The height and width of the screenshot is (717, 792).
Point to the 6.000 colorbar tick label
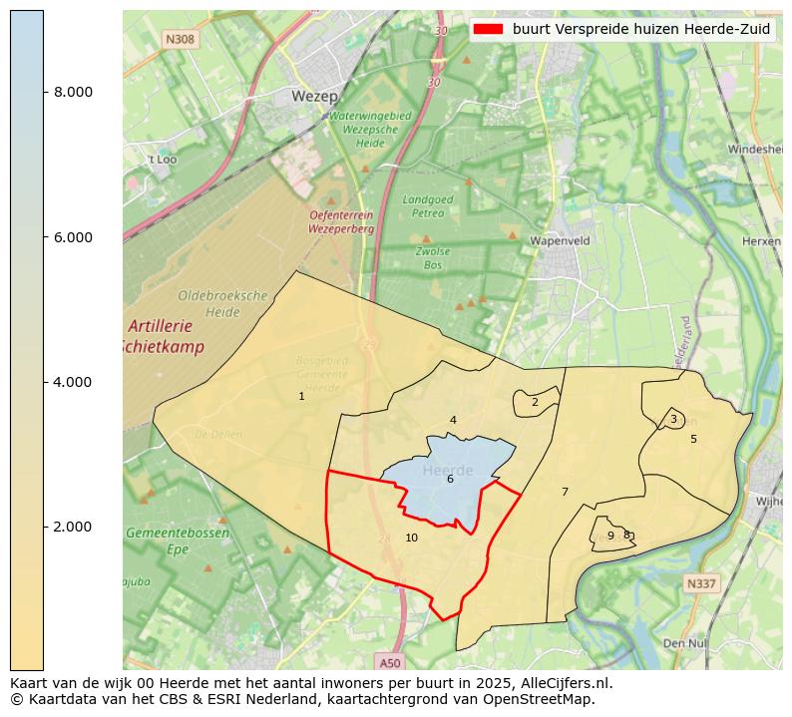click(73, 237)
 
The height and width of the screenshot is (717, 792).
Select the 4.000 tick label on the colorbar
click(73, 382)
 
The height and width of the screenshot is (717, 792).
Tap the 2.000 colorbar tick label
click(73, 527)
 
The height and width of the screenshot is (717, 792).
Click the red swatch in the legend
click(489, 29)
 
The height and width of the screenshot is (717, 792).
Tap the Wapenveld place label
click(560, 241)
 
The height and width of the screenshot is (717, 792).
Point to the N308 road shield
click(180, 39)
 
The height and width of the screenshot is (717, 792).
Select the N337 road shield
click(701, 582)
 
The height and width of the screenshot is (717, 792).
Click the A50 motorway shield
click(390, 662)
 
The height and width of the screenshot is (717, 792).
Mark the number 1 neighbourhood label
click(301, 397)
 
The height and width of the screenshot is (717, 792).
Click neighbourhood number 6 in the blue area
click(450, 480)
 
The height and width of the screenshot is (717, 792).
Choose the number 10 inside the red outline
click(411, 538)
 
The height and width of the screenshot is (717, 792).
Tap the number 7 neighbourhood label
click(565, 492)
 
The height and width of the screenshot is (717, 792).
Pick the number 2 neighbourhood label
click(535, 403)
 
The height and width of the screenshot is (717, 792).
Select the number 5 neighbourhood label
click(693, 439)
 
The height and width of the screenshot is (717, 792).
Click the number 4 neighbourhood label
click(453, 421)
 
